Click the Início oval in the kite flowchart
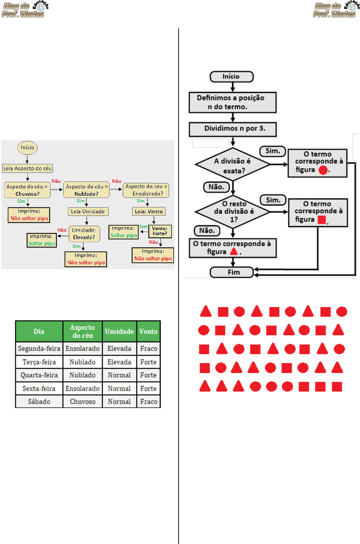click(27, 148)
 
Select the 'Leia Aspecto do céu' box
click(28, 169)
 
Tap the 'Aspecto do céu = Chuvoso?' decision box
click(27, 190)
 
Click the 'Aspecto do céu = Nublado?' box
click(86, 190)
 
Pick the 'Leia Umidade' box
click(88, 212)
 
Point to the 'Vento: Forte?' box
click(160, 231)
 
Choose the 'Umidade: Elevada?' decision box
click(84, 234)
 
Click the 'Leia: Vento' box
click(149, 212)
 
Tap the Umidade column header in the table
click(119, 331)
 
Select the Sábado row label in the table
click(39, 402)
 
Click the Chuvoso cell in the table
click(82, 402)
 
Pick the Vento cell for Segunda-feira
click(149, 349)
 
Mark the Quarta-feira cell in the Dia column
click(39, 375)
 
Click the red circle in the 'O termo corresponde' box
click(323, 170)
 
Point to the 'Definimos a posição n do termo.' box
click(233, 102)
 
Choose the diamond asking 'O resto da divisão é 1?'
click(233, 212)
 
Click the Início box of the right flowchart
click(232, 77)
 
